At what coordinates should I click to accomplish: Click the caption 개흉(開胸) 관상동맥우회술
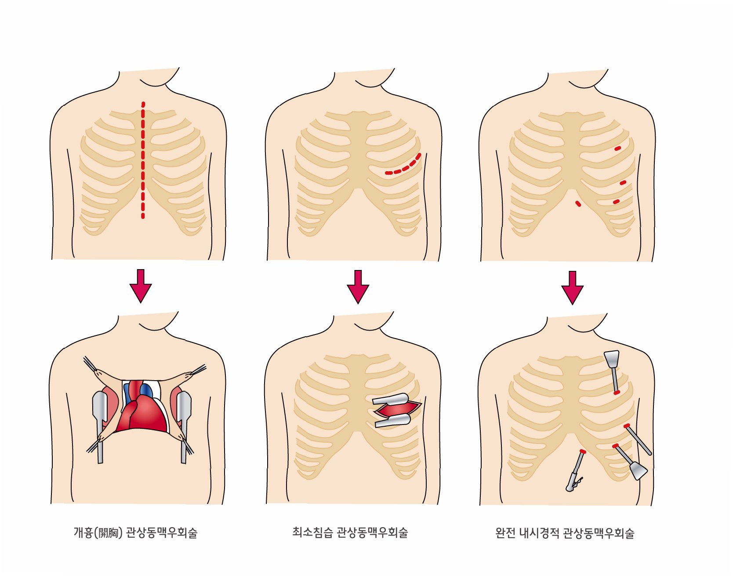[135, 533]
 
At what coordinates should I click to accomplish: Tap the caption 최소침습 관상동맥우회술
[350, 533]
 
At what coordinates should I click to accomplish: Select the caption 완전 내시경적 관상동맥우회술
[565, 533]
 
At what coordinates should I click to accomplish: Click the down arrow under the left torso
[141, 286]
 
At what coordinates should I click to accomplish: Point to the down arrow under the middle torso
[358, 287]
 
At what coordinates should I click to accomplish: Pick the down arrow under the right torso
[572, 288]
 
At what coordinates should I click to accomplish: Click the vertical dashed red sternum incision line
[143, 160]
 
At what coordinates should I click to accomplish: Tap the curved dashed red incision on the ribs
[404, 167]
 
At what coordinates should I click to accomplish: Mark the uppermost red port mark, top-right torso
[618, 148]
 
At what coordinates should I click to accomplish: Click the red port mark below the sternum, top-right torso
[578, 204]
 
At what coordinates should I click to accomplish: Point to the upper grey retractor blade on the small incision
[391, 399]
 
